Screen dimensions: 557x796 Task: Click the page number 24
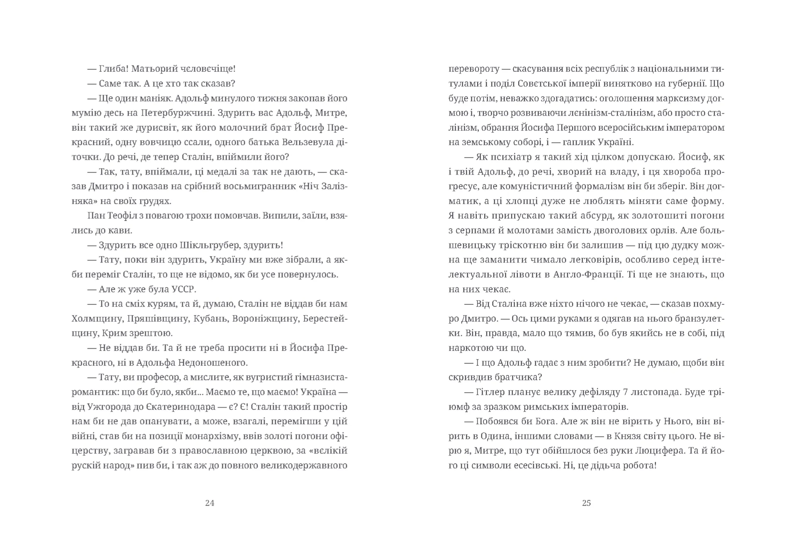pyautogui.click(x=210, y=503)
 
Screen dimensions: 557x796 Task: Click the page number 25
pyautogui.click(x=586, y=503)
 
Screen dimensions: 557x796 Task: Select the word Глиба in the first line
pyautogui.click(x=112, y=69)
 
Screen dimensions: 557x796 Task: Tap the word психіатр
pyautogui.click(x=508, y=157)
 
